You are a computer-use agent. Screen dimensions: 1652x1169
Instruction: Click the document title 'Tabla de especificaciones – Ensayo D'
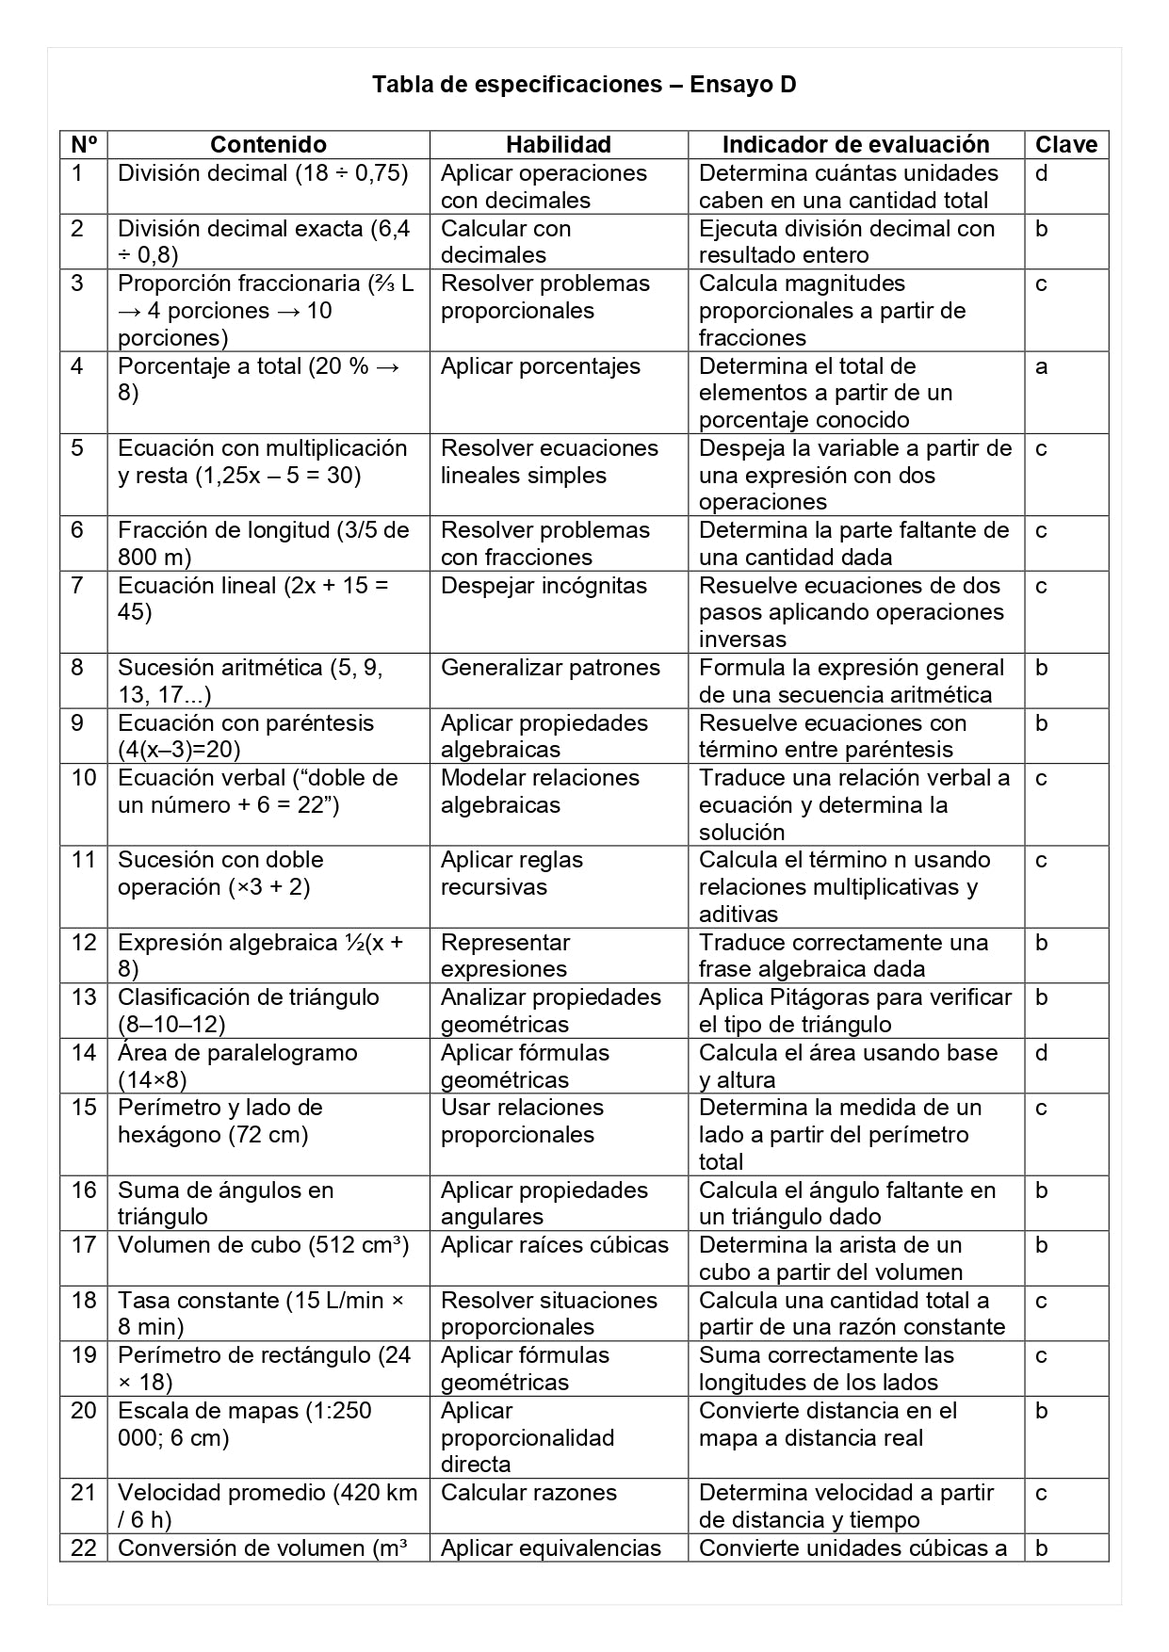(x=584, y=85)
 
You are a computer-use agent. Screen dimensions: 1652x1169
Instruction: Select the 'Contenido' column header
(x=268, y=145)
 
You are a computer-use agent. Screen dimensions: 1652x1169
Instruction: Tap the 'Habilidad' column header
(x=558, y=145)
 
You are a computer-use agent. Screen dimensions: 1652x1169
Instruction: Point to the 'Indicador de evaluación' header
(x=855, y=145)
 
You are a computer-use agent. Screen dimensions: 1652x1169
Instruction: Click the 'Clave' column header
(x=1066, y=145)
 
